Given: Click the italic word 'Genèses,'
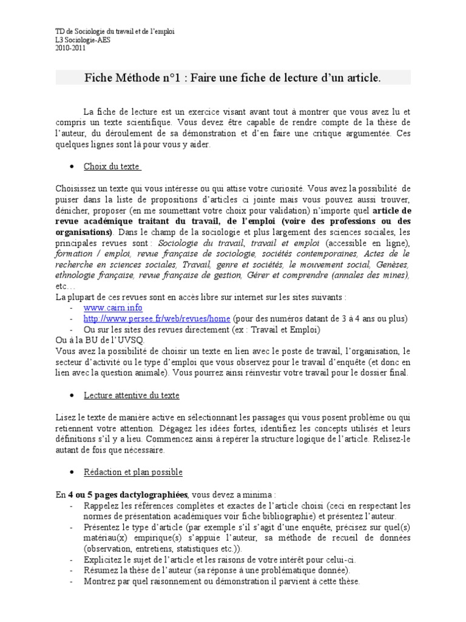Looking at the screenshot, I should tap(393, 265).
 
